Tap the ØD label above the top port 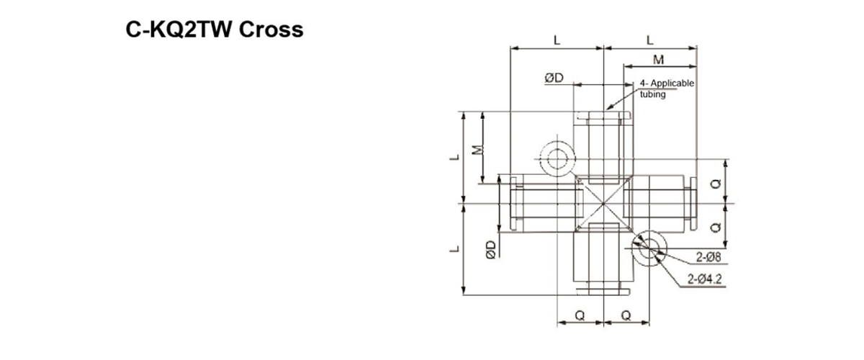[x=554, y=78]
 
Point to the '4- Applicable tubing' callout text [x=667, y=89]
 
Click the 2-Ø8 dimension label [x=708, y=257]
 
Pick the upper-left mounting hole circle [x=557, y=158]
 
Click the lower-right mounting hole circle [x=649, y=247]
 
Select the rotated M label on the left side [x=476, y=150]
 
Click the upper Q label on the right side [x=715, y=184]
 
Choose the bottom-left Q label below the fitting [x=580, y=315]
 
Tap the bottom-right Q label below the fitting [x=626, y=315]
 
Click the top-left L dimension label [x=557, y=40]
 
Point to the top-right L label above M [x=650, y=40]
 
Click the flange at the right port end [x=693, y=203]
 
